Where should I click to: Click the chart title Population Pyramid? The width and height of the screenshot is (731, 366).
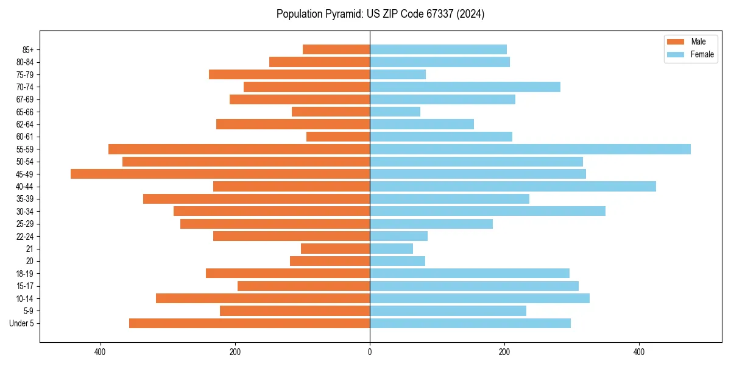click(x=380, y=14)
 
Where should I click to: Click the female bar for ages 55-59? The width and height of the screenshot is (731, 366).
click(x=530, y=149)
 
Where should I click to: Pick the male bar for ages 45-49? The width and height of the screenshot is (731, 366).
click(x=220, y=174)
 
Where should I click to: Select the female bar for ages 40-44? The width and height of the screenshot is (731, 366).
click(x=512, y=186)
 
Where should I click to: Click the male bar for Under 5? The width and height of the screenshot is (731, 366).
click(x=249, y=323)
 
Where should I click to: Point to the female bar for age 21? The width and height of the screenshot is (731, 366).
click(x=391, y=248)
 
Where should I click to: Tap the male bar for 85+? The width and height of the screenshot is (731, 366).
click(x=336, y=49)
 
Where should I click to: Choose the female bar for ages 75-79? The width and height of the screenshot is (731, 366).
click(x=398, y=74)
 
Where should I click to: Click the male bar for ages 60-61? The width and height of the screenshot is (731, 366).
click(x=338, y=137)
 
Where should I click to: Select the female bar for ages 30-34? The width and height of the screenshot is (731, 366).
click(x=487, y=211)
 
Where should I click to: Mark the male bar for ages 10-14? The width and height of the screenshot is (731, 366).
click(x=263, y=298)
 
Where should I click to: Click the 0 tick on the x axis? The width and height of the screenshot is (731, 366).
click(x=370, y=352)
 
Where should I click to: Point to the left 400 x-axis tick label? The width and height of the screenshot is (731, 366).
click(x=101, y=352)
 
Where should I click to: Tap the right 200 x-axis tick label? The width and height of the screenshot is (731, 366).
click(x=504, y=352)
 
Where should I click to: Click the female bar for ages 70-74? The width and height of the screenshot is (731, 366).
click(x=465, y=87)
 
